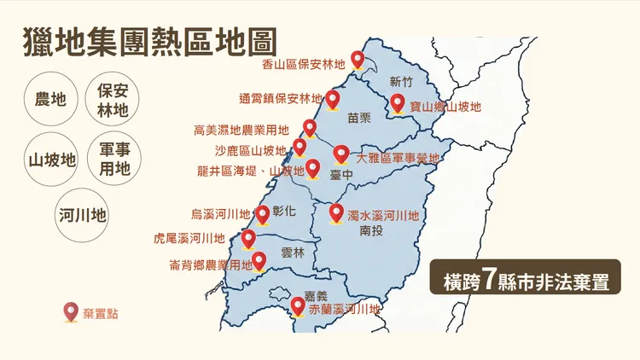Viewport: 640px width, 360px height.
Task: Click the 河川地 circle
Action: [83, 215]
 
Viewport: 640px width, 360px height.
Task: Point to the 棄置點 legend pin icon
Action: [71, 313]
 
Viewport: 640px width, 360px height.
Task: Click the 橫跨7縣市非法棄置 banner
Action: [526, 280]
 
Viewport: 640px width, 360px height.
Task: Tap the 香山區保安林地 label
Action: [304, 62]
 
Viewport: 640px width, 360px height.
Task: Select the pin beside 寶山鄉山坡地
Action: [398, 103]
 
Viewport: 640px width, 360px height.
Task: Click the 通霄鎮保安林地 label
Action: [281, 98]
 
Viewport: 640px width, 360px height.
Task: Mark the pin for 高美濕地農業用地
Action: [310, 128]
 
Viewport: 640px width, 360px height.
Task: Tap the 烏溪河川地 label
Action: [221, 214]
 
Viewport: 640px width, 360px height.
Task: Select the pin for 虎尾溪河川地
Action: [249, 237]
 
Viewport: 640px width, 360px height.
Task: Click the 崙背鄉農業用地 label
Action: [211, 265]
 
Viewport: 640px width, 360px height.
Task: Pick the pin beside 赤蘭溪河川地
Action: [298, 305]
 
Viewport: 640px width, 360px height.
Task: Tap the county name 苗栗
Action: [360, 119]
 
